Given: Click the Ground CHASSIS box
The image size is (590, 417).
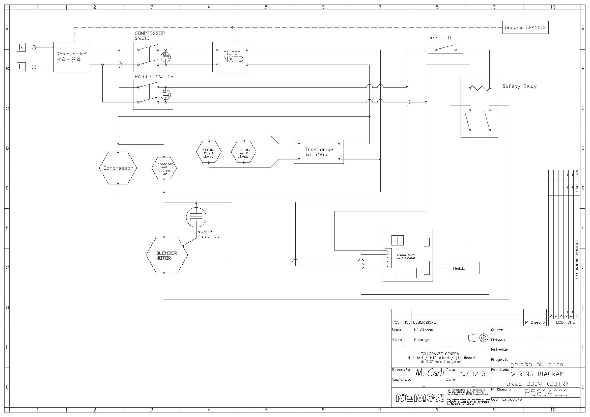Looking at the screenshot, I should click(525, 27).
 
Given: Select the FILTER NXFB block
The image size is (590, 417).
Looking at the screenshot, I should click(232, 57).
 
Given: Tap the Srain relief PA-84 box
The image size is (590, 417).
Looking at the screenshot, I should click(71, 57).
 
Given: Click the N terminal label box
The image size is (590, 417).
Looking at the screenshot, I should click(21, 47).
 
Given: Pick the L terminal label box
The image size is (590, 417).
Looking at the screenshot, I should click(21, 67).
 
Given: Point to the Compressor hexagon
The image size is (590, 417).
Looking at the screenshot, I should click(118, 168).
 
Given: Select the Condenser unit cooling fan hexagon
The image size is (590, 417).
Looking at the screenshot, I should click(164, 169).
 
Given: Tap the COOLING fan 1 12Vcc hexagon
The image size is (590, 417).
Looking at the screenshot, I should click(209, 153).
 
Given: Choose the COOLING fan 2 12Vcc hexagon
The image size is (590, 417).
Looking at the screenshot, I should click(243, 153).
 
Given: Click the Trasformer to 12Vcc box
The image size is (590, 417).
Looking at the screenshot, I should click(319, 152).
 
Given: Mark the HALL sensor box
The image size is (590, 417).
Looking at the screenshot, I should click(464, 268).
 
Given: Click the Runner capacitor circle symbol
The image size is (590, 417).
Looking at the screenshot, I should click(196, 217).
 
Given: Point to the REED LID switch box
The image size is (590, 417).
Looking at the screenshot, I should click(445, 47).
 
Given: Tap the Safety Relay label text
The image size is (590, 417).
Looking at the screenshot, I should click(519, 86).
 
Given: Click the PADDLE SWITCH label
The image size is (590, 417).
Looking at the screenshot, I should click(154, 77).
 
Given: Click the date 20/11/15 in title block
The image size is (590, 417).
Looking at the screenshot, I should click(472, 374).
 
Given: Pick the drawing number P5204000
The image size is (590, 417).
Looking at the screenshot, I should click(546, 393).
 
